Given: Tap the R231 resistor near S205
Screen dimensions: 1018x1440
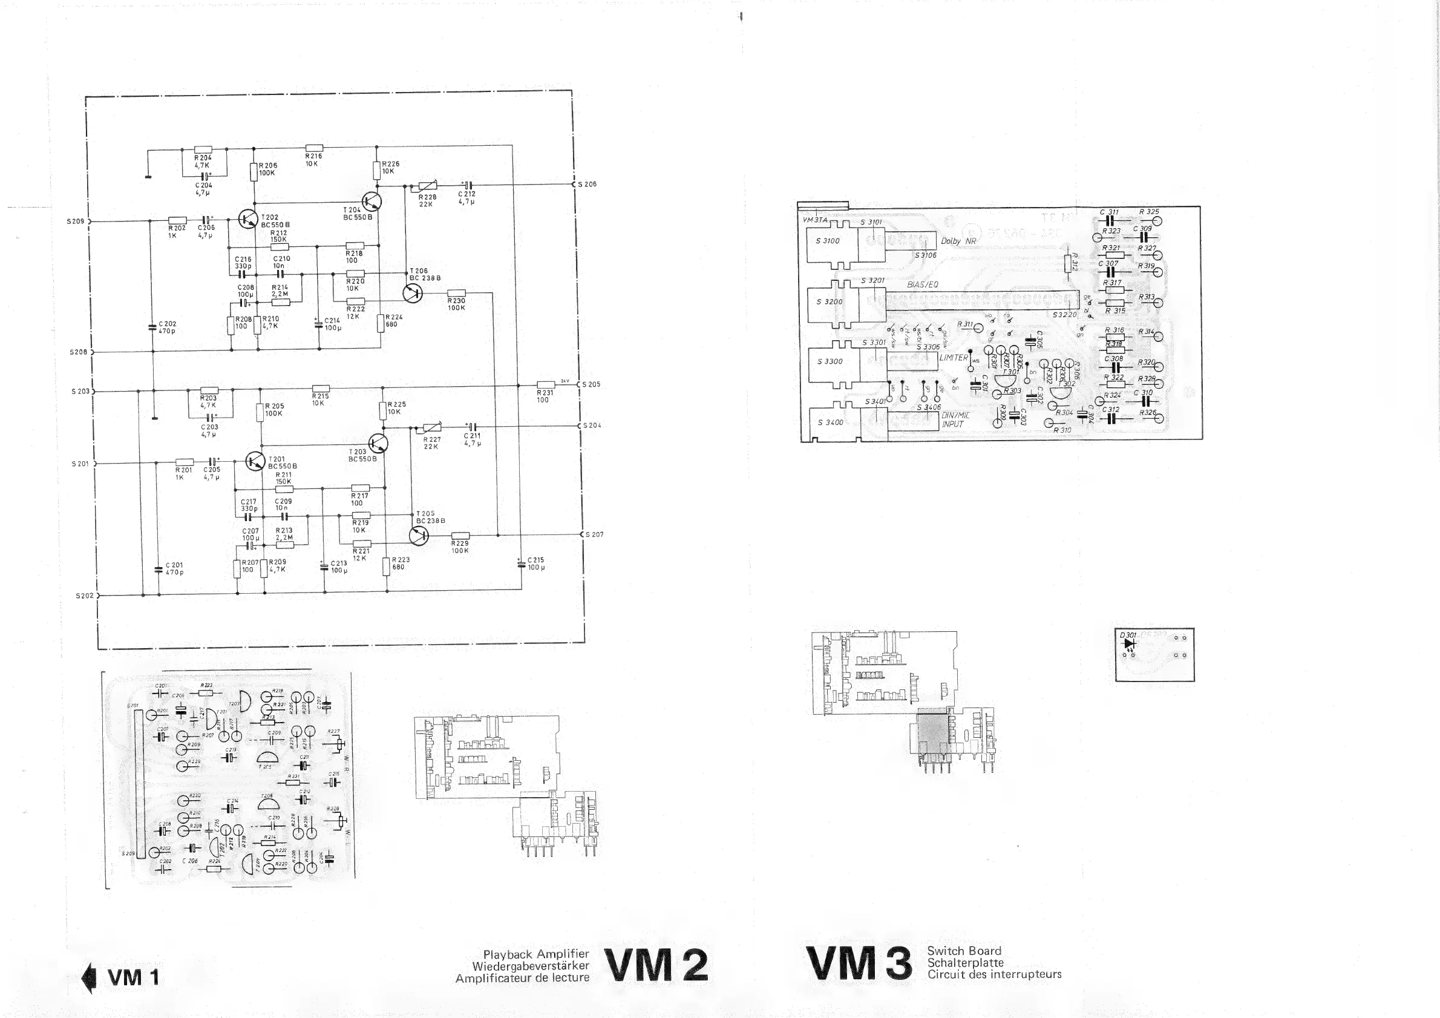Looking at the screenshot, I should click(546, 385).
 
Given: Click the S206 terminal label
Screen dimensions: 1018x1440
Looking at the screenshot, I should click(587, 185).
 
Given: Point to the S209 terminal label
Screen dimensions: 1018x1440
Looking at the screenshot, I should click(75, 222).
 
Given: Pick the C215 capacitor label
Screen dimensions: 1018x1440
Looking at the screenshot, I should click(535, 560).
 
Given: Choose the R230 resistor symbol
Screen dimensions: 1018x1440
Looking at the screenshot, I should click(456, 293).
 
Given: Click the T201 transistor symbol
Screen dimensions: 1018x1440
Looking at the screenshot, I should click(255, 462).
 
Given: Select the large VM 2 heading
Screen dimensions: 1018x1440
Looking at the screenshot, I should click(656, 965).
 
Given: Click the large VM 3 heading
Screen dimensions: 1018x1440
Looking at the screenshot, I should click(859, 964).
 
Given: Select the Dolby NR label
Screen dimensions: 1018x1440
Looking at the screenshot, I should click(958, 241).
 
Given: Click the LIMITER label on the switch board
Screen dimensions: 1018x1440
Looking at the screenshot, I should click(954, 358).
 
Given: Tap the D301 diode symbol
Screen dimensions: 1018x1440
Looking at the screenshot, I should click(1130, 644).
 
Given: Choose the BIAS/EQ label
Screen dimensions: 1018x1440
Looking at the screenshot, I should click(923, 284).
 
